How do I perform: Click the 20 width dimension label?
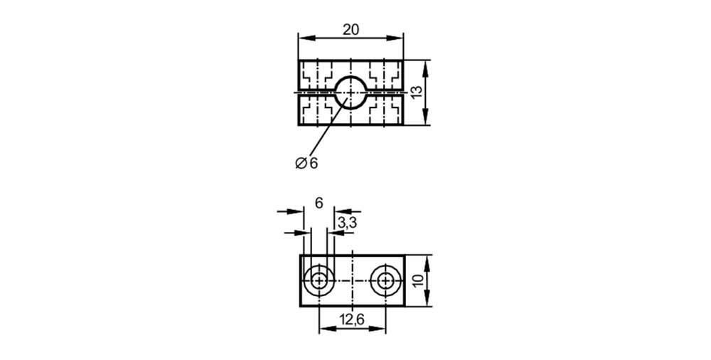tap(351, 29)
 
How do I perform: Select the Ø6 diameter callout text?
tap(307, 163)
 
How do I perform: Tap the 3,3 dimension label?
tap(347, 223)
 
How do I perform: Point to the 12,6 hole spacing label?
tap(353, 319)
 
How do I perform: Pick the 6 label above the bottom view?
tap(319, 203)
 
